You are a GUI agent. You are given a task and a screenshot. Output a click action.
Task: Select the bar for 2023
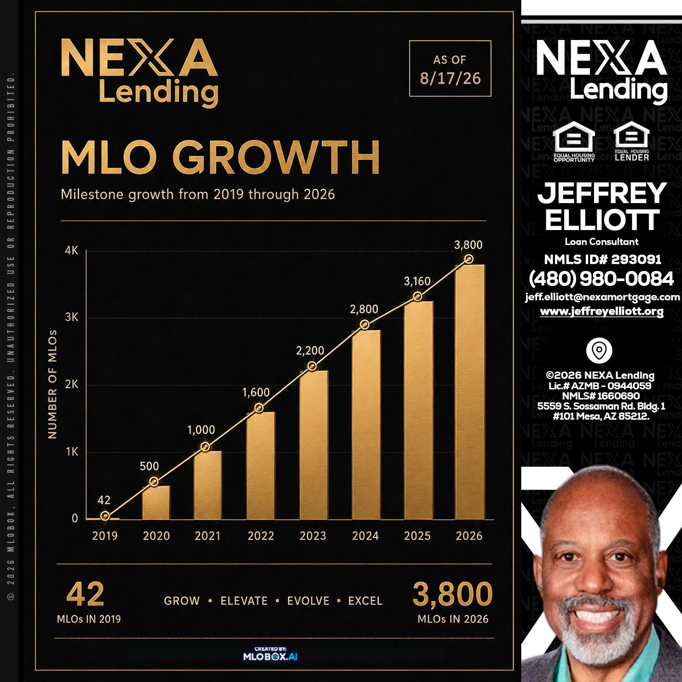tap(314, 445)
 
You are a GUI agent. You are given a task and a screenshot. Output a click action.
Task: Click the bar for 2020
tap(156, 502)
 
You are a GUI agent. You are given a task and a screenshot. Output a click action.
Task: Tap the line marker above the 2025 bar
tap(418, 296)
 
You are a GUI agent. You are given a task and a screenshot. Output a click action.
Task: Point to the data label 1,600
tap(256, 392)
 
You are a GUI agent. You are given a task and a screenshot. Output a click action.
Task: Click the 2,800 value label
tap(364, 309)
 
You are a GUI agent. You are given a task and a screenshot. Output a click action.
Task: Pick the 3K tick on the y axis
tap(72, 317)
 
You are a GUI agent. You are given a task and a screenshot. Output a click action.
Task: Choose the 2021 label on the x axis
tap(207, 536)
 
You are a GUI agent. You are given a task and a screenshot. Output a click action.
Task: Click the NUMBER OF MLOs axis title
tap(52, 385)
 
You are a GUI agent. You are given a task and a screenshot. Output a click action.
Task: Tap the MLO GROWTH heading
tap(220, 157)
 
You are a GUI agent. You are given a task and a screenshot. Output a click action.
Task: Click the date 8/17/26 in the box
tap(450, 78)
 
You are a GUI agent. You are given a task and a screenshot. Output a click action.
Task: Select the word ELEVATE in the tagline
tap(244, 601)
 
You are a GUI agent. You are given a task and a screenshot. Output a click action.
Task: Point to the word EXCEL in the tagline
tap(365, 601)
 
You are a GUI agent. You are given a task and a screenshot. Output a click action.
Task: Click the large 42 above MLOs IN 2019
tap(85, 594)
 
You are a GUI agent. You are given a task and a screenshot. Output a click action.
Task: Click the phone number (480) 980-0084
tap(601, 279)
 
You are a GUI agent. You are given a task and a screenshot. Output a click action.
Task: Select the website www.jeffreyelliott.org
tap(602, 311)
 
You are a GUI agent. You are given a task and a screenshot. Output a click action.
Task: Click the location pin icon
tap(599, 350)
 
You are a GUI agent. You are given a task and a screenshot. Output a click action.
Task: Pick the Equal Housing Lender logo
tap(632, 142)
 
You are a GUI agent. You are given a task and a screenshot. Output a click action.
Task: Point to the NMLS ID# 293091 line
tap(603, 259)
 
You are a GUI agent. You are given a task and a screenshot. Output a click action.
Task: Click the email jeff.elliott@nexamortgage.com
tap(603, 297)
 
